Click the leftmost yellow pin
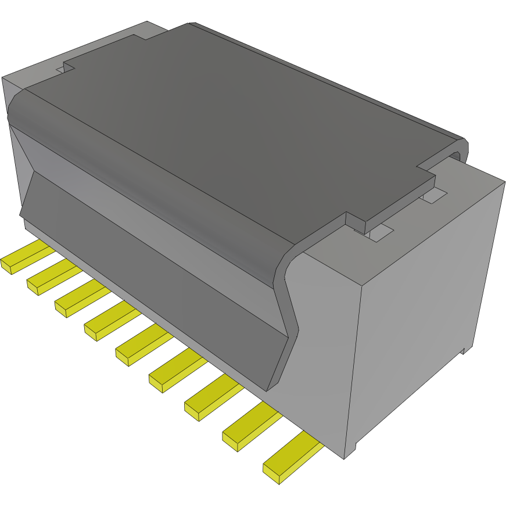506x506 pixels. [23, 259]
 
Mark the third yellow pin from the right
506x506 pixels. [209, 401]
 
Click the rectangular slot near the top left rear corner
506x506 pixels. [61, 69]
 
